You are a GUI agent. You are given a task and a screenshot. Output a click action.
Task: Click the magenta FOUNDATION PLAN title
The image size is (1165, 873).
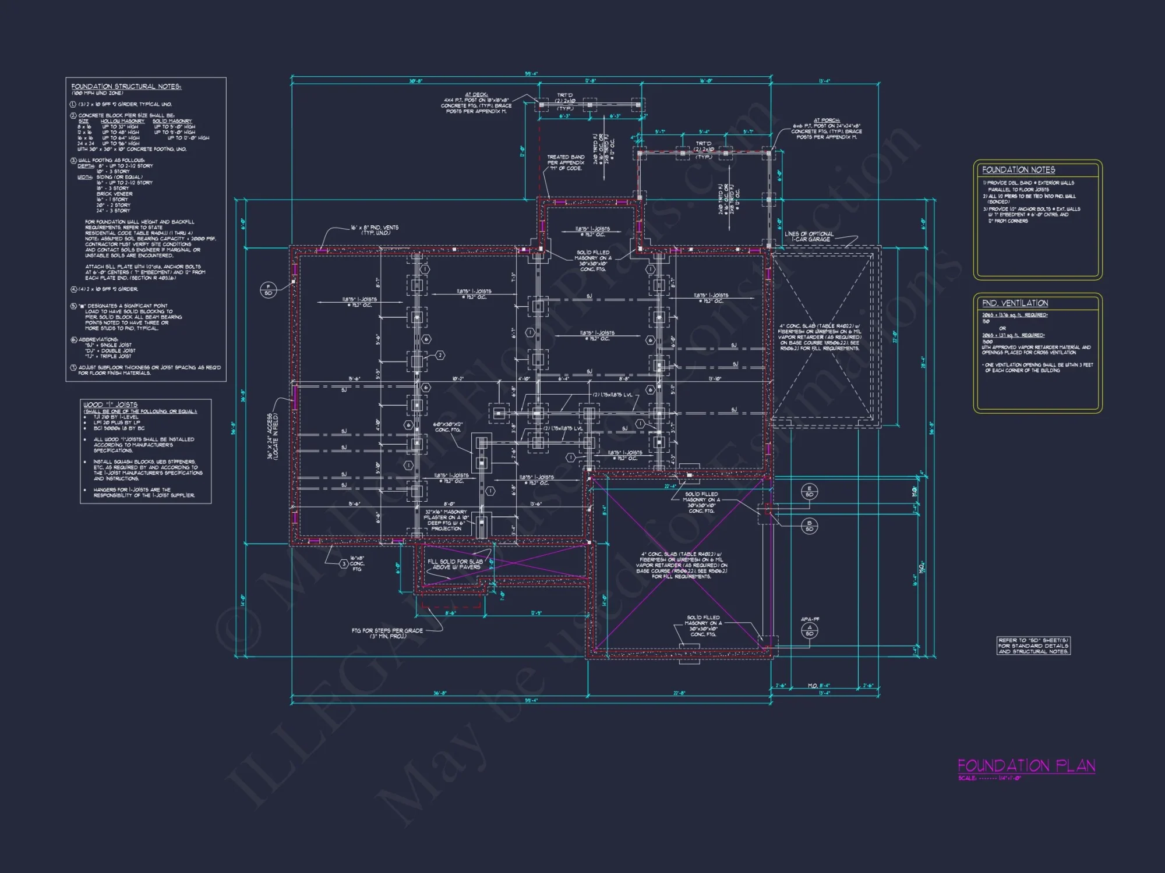[1026, 765]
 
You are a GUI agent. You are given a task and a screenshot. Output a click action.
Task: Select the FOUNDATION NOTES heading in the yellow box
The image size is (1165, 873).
[1018, 170]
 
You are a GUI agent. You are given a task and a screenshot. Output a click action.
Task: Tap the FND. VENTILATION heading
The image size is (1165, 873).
[1015, 303]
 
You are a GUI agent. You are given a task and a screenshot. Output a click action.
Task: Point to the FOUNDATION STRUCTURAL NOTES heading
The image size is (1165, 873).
[126, 87]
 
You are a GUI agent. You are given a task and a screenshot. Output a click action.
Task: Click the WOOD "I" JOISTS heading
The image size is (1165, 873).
[110, 404]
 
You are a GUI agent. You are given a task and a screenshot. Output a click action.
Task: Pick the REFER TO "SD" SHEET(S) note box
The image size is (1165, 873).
[1033, 645]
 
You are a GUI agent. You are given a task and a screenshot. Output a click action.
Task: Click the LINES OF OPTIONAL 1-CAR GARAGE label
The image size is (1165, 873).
[809, 236]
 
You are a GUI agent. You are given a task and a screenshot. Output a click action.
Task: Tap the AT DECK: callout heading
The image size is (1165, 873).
[476, 94]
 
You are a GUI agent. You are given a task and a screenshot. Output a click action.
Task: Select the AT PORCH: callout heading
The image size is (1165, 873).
[827, 120]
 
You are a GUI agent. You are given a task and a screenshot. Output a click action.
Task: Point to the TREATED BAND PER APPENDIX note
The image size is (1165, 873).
[565, 162]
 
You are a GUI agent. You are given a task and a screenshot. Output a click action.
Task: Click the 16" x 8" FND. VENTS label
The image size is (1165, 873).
[375, 230]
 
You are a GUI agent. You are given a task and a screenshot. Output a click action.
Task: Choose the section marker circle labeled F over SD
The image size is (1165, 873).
[268, 289]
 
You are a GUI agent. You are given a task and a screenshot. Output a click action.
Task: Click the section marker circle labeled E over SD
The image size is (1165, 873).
[809, 491]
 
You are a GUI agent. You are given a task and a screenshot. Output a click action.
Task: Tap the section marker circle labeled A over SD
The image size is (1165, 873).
[809, 630]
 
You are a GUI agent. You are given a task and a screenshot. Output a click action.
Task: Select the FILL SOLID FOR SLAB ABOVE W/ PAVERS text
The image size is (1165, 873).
[455, 564]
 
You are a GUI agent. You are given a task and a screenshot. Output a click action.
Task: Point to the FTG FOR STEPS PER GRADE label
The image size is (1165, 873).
[387, 633]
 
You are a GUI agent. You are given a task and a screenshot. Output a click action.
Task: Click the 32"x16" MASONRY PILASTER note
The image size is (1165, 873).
[446, 520]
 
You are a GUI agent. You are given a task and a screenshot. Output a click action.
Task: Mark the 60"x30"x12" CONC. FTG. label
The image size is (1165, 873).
[449, 427]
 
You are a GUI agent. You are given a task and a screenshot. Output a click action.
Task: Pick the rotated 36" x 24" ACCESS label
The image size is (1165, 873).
[273, 436]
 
